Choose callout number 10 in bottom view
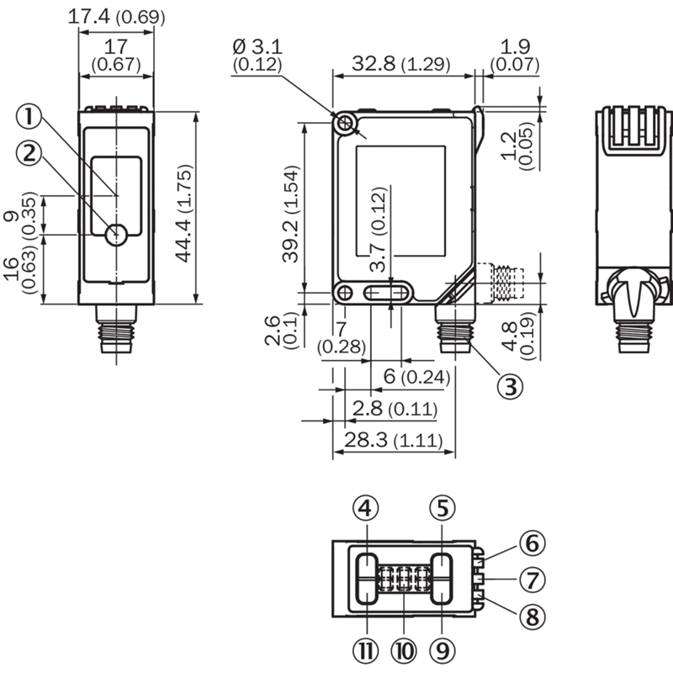point(402,650)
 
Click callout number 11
point(366,650)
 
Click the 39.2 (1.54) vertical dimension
point(291,213)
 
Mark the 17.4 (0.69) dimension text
point(116,16)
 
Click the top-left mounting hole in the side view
point(345,124)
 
